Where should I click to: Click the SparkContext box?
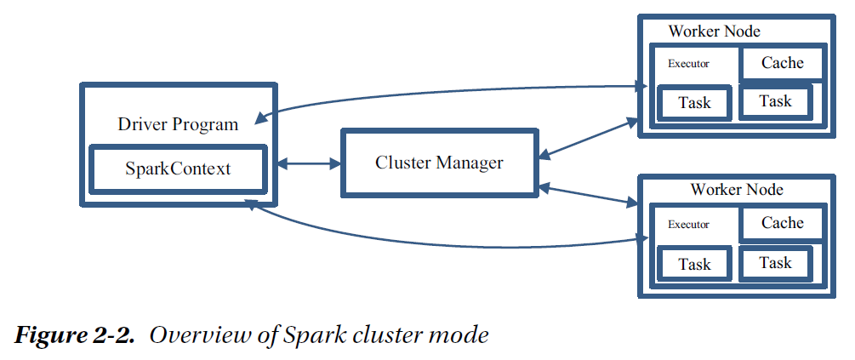(x=179, y=168)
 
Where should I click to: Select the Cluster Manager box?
(x=439, y=162)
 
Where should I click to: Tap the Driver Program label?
(x=178, y=124)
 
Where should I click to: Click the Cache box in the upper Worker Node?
(x=782, y=63)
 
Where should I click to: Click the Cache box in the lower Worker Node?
(x=782, y=223)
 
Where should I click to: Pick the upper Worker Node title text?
(x=715, y=31)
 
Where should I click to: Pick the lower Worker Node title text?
(x=737, y=189)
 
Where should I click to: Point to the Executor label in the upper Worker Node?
(x=688, y=64)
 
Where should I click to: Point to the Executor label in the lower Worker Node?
(x=688, y=225)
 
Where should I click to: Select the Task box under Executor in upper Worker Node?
(x=694, y=103)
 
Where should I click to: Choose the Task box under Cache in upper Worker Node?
(x=775, y=101)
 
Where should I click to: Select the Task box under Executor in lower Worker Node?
(x=694, y=264)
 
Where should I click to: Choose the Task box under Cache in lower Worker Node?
(x=775, y=263)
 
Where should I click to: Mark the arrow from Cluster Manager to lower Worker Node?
(x=589, y=194)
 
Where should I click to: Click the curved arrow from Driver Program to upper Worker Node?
(x=442, y=89)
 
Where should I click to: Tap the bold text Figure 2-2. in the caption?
(x=75, y=334)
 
